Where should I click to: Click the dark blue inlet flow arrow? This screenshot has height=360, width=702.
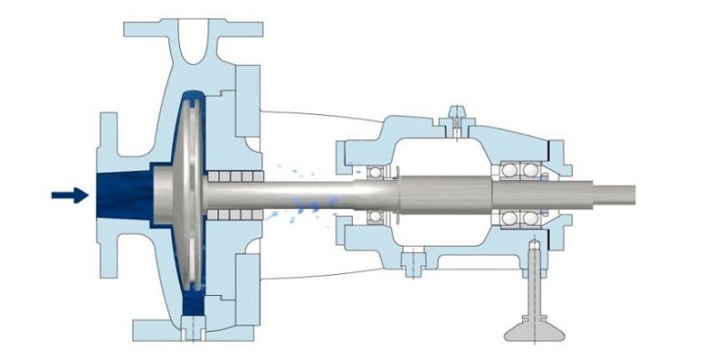(x=69, y=195)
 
